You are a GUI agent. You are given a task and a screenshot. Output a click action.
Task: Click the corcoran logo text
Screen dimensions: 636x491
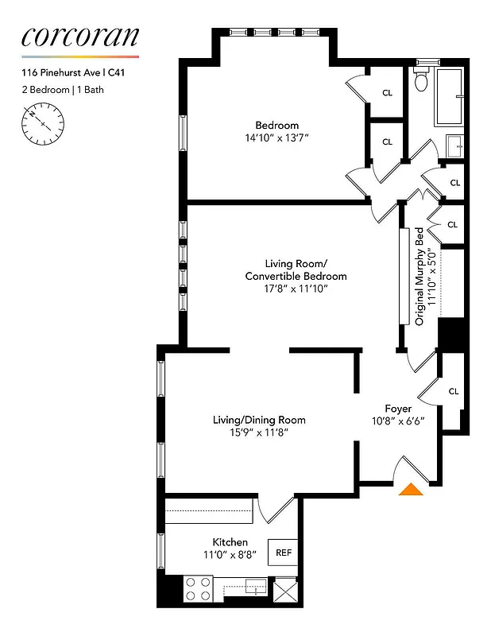79,36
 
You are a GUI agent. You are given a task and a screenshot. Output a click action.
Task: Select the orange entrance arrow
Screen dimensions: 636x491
410,489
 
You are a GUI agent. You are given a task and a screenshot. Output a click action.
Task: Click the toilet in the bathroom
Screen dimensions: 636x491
422,80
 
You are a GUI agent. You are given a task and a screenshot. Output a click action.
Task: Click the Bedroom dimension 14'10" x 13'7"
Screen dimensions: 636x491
276,138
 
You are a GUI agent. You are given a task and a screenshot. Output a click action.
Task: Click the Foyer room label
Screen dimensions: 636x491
398,409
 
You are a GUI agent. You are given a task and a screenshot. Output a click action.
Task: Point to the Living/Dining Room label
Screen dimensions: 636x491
259,420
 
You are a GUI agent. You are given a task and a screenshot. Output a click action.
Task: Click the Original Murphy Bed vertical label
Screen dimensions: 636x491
419,277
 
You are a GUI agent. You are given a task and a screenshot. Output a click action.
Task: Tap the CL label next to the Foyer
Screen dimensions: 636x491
454,391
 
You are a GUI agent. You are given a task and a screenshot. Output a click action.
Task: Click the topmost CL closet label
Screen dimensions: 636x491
388,93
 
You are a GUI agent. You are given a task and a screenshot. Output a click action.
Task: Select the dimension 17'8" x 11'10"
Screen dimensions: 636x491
296,289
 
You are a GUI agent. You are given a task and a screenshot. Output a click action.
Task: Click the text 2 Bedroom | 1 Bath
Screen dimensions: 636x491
63,90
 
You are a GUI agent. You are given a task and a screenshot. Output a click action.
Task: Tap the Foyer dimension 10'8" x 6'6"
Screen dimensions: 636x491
404,421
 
